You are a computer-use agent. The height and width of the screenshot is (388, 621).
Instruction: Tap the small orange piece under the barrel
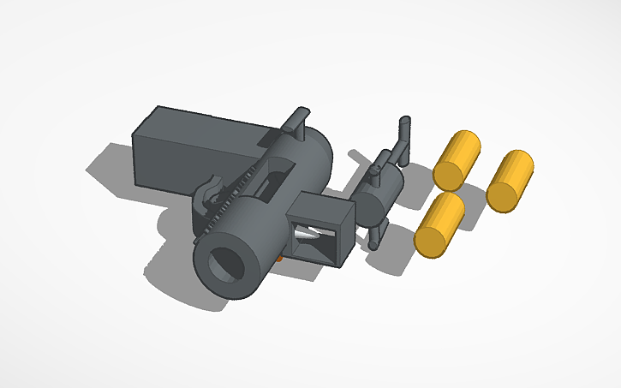[283, 254]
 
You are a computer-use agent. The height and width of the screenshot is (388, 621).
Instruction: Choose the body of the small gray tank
[377, 193]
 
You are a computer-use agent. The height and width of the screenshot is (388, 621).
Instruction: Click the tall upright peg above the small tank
[403, 137]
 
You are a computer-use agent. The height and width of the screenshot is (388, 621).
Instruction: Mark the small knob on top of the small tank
[374, 169]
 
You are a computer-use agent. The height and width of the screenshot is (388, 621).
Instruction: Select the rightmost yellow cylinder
[511, 179]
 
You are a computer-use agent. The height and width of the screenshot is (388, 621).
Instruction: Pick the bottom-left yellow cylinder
[439, 223]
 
